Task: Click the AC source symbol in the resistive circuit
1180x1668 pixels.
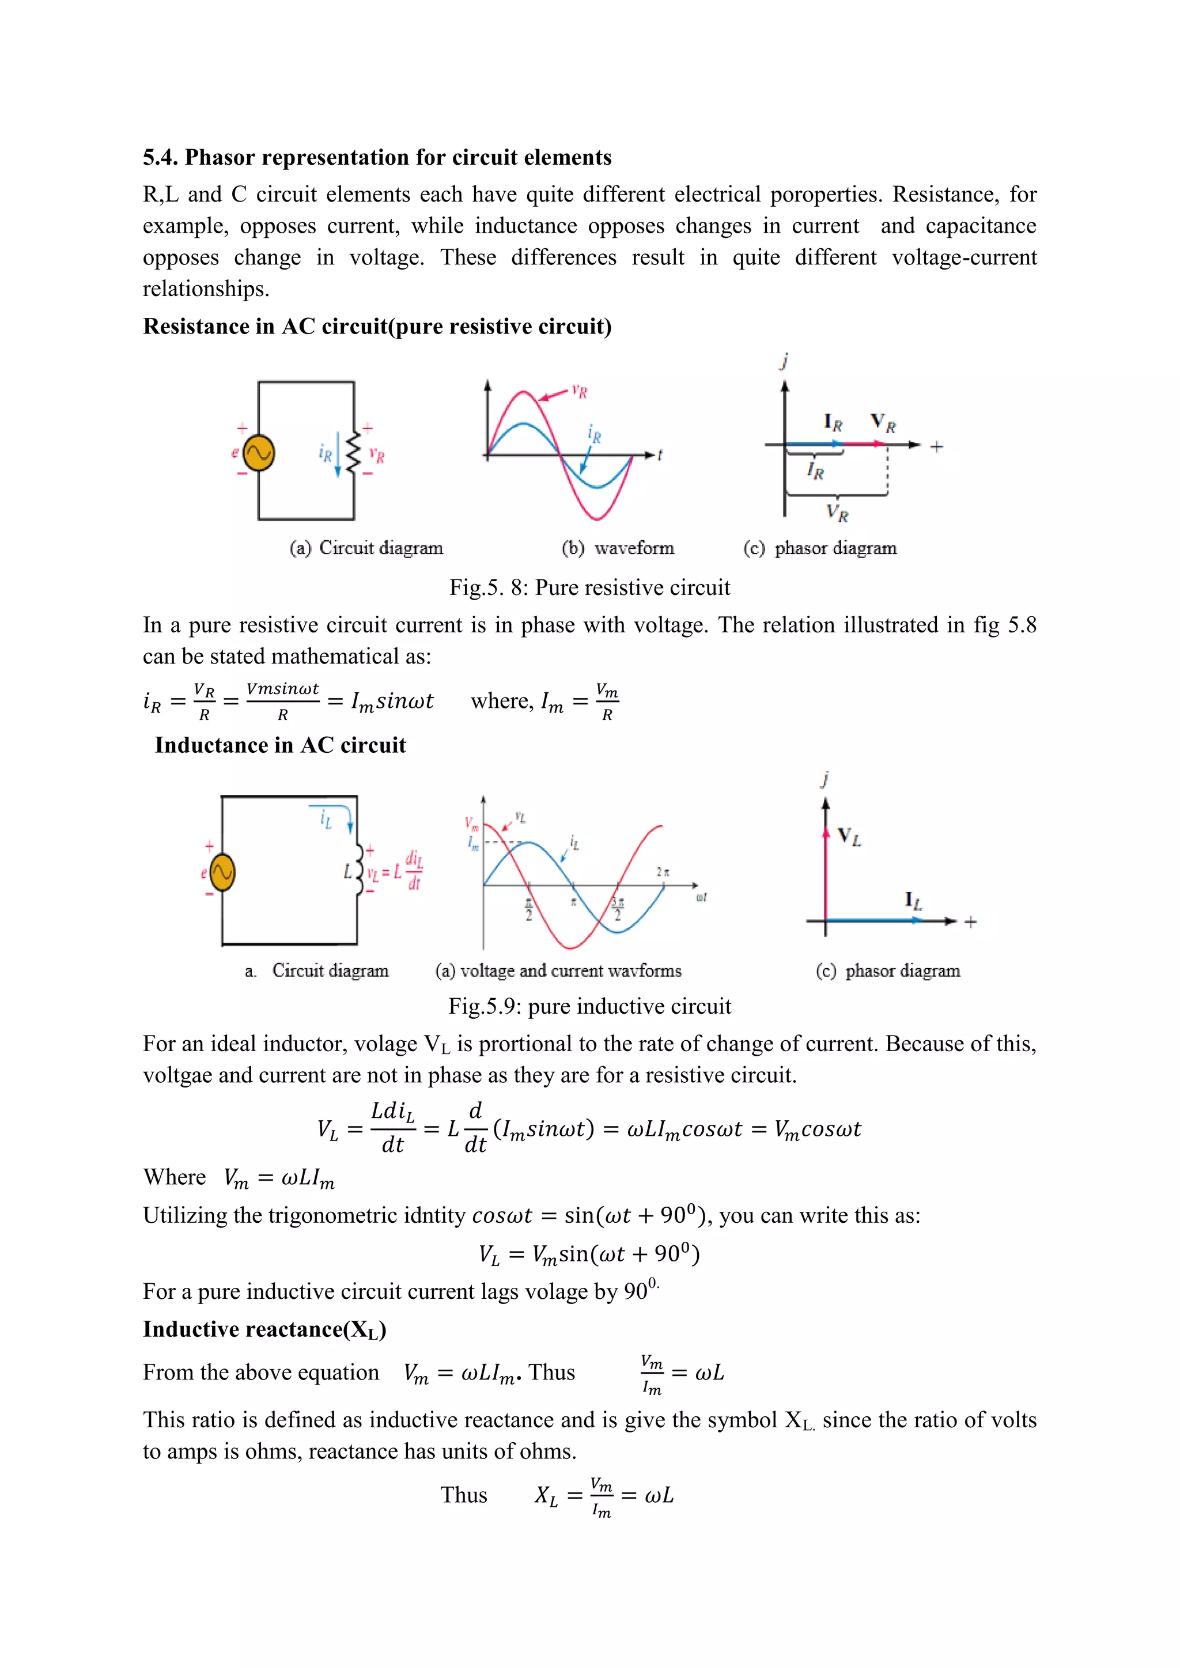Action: [x=258, y=453]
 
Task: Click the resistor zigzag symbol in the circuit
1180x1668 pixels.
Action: [x=354, y=453]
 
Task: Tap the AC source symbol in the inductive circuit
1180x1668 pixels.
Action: [x=222, y=872]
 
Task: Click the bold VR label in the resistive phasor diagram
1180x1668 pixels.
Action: [x=883, y=422]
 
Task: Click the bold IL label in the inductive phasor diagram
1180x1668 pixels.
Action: [x=913, y=901]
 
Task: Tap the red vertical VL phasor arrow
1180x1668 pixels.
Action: [x=826, y=872]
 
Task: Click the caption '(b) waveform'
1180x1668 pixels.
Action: [x=618, y=548]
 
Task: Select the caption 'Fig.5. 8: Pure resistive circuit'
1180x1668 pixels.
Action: [x=589, y=587]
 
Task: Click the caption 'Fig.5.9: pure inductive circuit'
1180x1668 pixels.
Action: [x=589, y=1006]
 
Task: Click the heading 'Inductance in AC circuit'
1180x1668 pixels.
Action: [x=280, y=745]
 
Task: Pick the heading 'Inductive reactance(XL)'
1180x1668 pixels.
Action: [x=264, y=1329]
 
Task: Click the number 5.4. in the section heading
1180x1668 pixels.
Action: [x=160, y=158]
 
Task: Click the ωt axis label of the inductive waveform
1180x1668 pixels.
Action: [x=701, y=898]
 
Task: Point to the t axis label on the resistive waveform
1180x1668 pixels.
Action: [x=660, y=455]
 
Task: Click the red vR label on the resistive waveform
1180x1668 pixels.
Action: [x=579, y=391]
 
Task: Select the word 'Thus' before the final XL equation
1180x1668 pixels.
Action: [x=464, y=1495]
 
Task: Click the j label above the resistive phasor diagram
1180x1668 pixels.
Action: [x=784, y=361]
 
